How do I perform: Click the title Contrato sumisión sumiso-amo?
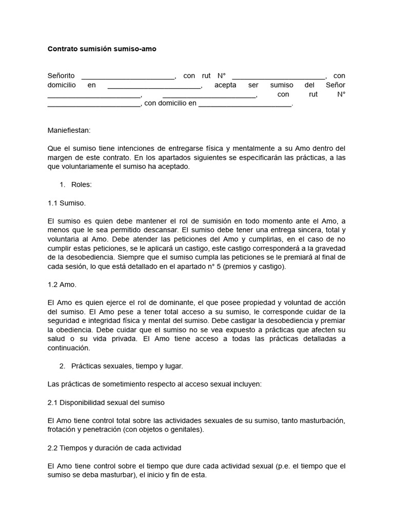pos(102,49)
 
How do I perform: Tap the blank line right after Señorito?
pos(128,76)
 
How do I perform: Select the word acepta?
pos(226,85)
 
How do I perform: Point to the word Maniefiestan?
pos(69,130)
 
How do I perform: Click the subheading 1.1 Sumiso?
pos(67,203)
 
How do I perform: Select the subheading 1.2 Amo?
pos(62,284)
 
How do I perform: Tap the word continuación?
pos(69,348)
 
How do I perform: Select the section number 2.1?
pos(53,402)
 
